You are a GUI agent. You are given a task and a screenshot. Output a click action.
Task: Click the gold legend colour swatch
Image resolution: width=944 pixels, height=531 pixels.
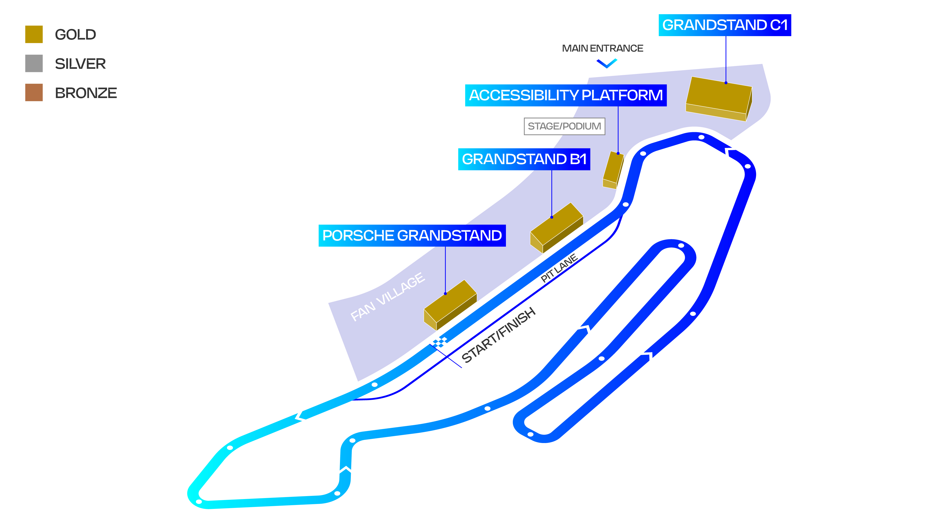click(34, 34)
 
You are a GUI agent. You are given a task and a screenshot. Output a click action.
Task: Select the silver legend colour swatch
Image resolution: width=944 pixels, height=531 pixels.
click(34, 63)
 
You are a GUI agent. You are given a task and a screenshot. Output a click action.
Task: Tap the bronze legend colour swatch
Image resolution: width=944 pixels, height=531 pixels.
click(34, 93)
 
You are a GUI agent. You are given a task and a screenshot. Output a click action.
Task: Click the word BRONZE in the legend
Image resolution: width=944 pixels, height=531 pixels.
click(86, 93)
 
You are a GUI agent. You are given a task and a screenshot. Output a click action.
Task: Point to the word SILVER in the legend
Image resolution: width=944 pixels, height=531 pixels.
click(80, 64)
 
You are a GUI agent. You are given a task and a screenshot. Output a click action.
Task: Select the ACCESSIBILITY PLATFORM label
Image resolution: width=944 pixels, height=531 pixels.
click(565, 95)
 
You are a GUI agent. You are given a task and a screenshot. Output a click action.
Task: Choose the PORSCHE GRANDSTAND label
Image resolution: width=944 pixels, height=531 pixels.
click(412, 235)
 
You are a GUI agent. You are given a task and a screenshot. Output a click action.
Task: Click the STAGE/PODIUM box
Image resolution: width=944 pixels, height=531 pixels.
click(564, 126)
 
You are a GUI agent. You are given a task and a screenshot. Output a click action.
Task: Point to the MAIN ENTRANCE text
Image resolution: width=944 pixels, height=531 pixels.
click(603, 48)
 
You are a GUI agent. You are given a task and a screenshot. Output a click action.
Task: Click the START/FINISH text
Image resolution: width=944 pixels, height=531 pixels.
click(498, 335)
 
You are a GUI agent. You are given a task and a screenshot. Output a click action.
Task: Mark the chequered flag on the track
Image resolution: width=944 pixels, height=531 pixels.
click(439, 342)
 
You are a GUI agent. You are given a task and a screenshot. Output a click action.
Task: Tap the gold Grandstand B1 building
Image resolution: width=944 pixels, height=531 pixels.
click(556, 228)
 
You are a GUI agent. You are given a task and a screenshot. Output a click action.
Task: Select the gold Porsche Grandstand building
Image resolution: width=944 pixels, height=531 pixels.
click(450, 305)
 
